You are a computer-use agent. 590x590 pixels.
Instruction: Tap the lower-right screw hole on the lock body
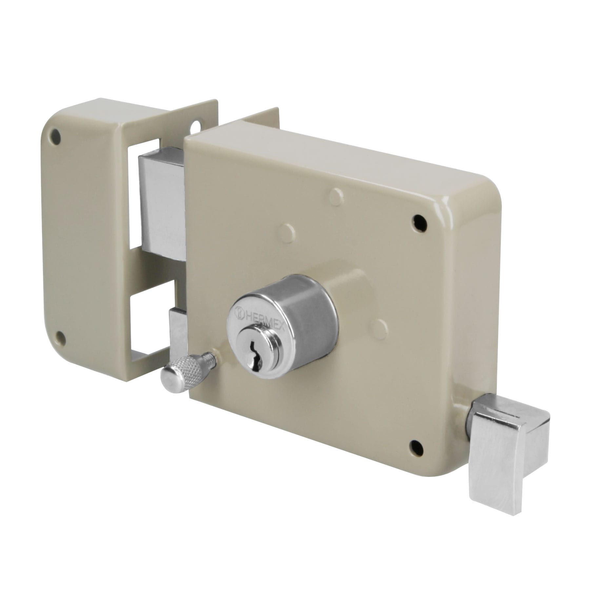click(x=415, y=445)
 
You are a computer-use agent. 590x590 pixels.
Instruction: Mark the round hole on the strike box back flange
click(x=198, y=126)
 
